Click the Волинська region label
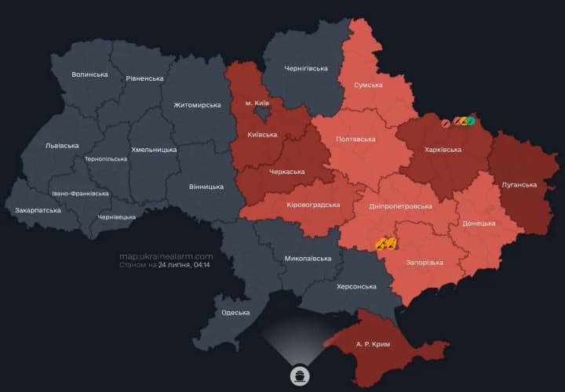[x=89, y=74]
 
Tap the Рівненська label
[x=144, y=78]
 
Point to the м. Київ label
[x=257, y=103]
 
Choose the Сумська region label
[x=368, y=85]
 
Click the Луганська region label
[x=519, y=185]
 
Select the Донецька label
[x=479, y=223]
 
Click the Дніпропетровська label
[x=400, y=206]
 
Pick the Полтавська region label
[x=355, y=139]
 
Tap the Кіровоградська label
[x=314, y=205]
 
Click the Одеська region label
[x=235, y=313]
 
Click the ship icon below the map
[x=299, y=373]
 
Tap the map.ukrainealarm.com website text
[x=166, y=256]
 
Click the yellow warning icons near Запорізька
[x=386, y=244]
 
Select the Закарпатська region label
[x=38, y=211]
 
